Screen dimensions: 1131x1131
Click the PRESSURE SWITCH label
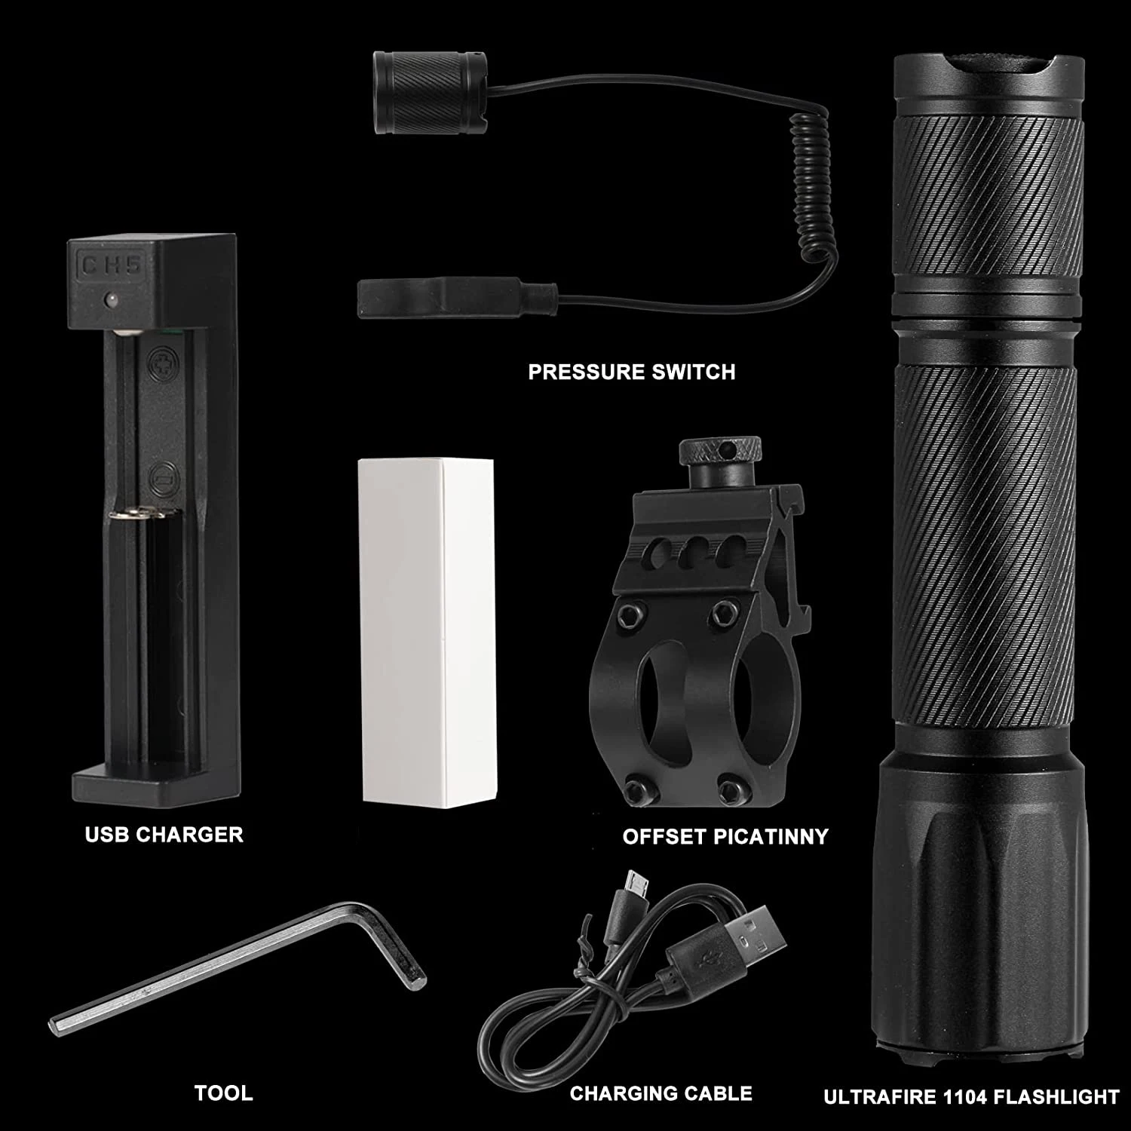pos(631,372)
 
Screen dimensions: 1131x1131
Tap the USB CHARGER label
pos(164,835)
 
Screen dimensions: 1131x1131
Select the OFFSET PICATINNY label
pos(725,836)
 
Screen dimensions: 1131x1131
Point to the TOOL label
pos(223,1093)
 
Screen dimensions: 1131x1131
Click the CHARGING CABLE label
pos(661,1093)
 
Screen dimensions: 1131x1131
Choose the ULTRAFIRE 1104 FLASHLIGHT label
pos(971,1096)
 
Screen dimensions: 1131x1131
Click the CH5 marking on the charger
pos(112,265)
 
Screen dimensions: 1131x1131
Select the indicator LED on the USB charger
pos(110,300)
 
